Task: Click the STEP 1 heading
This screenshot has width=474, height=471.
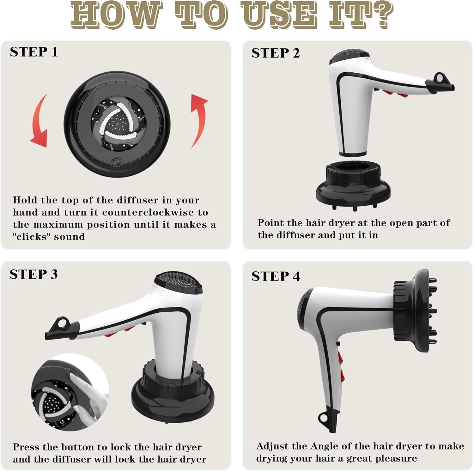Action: (34, 52)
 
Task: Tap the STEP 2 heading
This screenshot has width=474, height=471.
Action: (276, 53)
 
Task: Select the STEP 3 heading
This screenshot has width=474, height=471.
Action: (33, 274)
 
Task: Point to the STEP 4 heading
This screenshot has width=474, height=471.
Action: (276, 276)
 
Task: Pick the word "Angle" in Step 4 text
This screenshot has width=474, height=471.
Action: (325, 446)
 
